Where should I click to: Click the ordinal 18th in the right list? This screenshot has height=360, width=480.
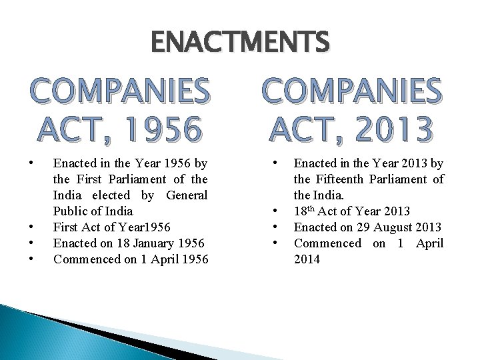pyautogui.click(x=305, y=212)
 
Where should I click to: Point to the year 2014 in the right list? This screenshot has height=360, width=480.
pyautogui.click(x=307, y=259)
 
